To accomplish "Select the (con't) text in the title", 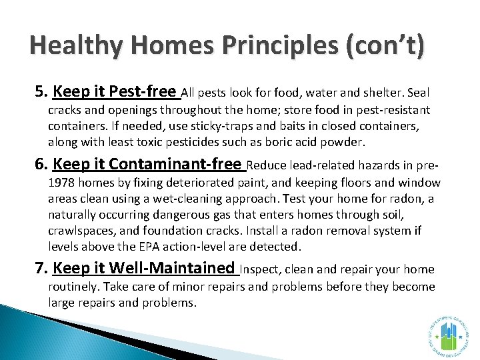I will (385, 48).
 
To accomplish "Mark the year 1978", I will (62, 183).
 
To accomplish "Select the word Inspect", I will (259, 270).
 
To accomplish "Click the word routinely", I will (73, 287).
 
